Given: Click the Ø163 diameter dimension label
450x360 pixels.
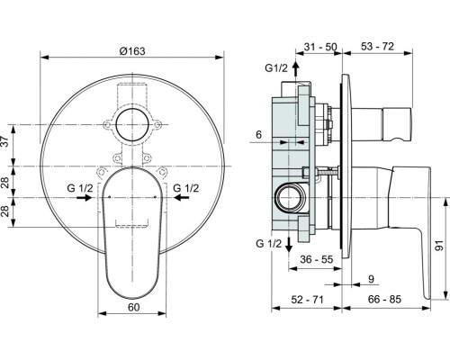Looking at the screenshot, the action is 132,51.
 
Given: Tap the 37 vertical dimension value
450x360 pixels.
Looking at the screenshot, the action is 5,141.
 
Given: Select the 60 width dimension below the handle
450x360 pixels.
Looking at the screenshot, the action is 134,307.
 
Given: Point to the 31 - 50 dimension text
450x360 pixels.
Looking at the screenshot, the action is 320,47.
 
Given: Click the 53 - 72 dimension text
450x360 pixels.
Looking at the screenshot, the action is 377,46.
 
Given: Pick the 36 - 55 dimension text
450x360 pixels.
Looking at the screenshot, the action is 317,259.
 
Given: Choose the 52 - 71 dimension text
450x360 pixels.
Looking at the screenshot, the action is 307,299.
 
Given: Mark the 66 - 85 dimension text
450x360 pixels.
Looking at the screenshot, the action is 384,299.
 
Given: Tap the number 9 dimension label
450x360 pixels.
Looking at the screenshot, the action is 371,279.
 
